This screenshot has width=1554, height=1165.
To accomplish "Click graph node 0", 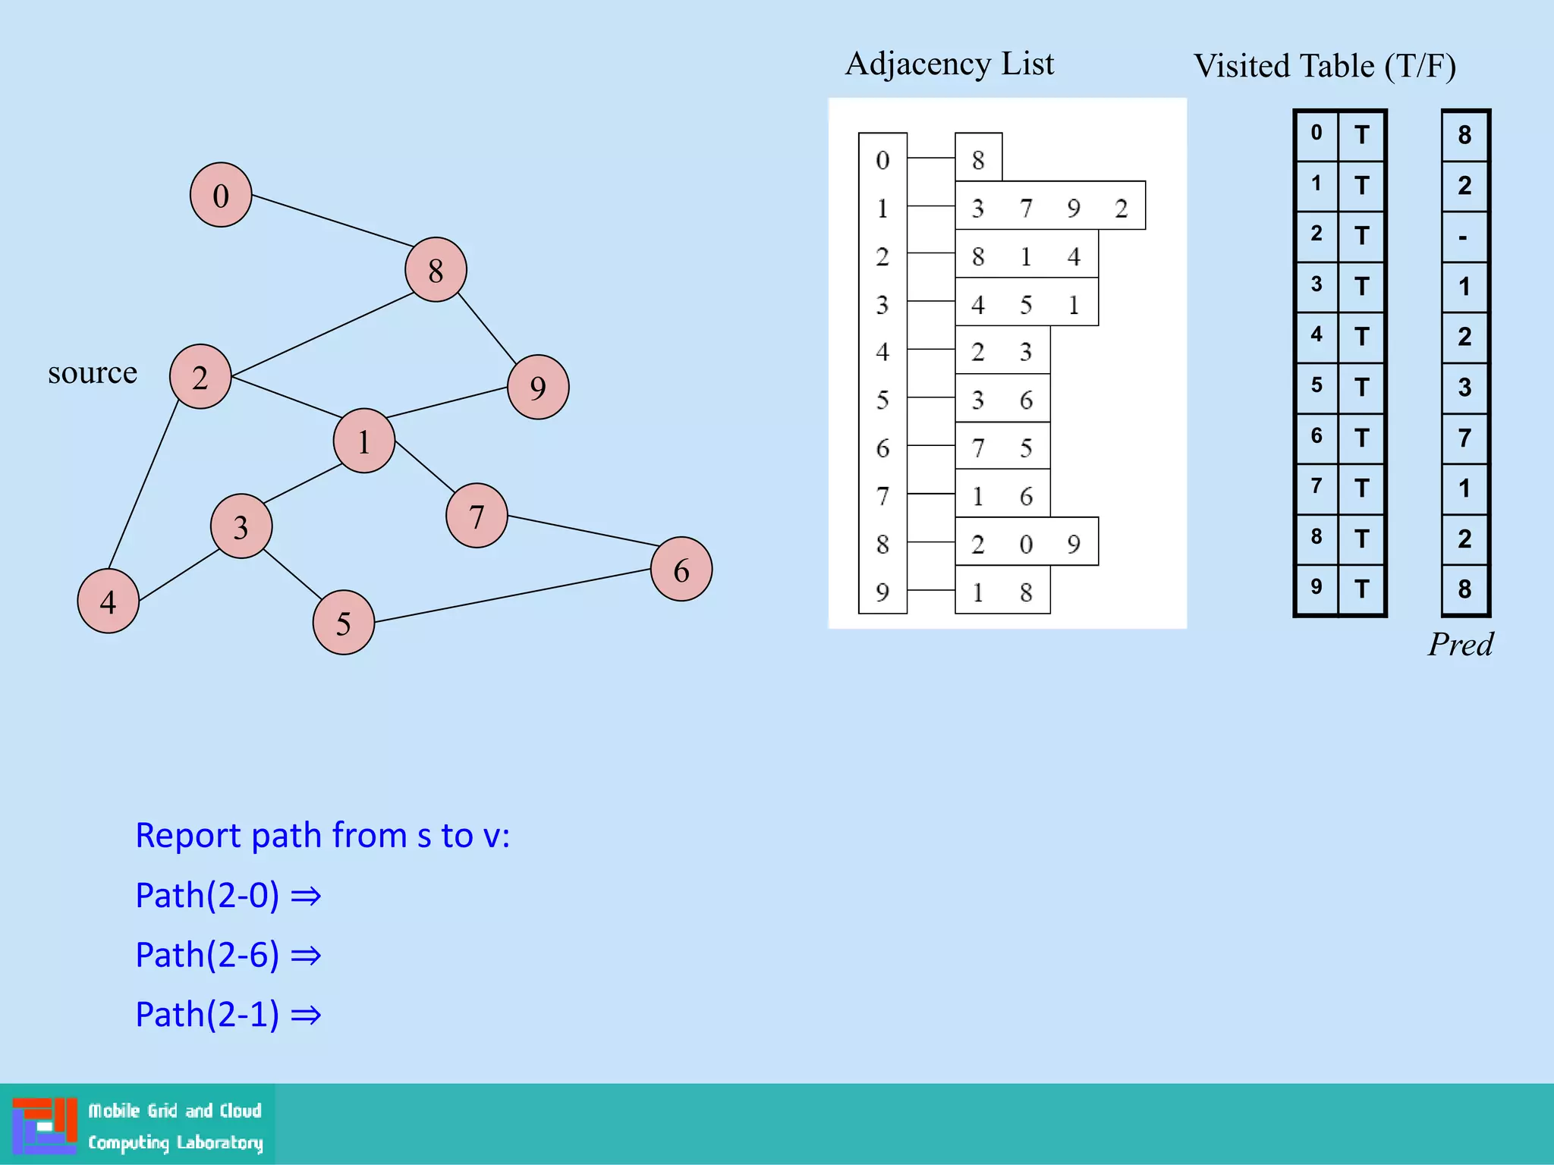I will tap(221, 195).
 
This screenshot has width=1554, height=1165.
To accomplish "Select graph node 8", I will tap(436, 269).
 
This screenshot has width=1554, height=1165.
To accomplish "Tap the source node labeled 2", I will tap(200, 377).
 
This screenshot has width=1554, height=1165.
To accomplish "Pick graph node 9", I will tap(538, 388).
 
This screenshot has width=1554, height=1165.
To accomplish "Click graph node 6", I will tap(681, 570).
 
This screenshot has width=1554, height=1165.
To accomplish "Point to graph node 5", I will tap(344, 623).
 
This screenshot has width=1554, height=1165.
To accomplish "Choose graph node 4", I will tap(109, 601).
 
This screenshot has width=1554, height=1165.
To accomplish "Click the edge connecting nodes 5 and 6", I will tap(512, 595).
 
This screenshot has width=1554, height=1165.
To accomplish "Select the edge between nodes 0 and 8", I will tap(332, 221).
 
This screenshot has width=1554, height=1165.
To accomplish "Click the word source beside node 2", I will tap(93, 372).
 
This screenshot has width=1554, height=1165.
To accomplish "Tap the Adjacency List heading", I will tap(949, 64).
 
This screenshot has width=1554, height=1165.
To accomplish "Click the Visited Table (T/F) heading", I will tap(1324, 66).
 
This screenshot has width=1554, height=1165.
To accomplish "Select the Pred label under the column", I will tap(1460, 645).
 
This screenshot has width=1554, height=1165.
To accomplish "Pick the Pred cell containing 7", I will tap(1464, 438).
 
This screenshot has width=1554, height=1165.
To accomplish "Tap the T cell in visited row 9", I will tap(1361, 589).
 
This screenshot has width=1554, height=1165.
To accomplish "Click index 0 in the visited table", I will tap(1316, 133).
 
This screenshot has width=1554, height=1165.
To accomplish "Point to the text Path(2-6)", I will tap(207, 955).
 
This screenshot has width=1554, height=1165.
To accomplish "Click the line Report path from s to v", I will tap(322, 835).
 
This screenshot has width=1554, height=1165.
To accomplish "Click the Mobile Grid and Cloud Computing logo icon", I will tap(45, 1125).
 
